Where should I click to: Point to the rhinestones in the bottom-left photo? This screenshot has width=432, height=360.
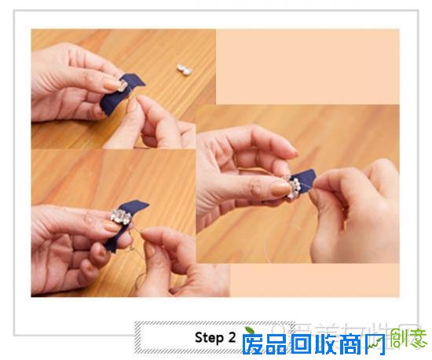123,218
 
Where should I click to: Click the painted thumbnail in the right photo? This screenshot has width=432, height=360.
280,189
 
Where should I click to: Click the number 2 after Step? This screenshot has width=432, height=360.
232,338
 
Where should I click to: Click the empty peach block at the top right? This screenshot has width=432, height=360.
306,66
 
